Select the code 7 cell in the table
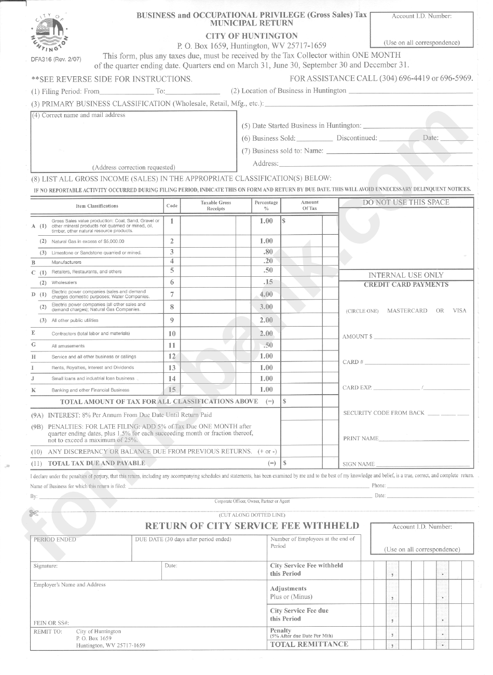[x=172, y=294]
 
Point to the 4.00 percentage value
[x=266, y=294]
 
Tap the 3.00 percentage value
[x=266, y=307]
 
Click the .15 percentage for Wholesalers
[x=267, y=282]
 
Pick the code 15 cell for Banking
[x=172, y=389]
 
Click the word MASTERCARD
[x=407, y=310]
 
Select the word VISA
[x=459, y=310]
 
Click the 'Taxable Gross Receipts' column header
[x=216, y=206]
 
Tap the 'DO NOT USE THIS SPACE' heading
[x=406, y=203]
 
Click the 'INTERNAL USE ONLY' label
[x=406, y=275]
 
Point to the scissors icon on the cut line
[x=35, y=514]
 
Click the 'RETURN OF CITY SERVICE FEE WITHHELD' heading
[x=252, y=525]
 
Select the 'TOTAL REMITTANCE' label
[x=309, y=644]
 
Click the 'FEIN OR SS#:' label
[x=51, y=623]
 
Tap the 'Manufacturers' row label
[x=66, y=262]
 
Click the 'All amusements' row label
[x=68, y=346]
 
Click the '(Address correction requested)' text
[x=134, y=167]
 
